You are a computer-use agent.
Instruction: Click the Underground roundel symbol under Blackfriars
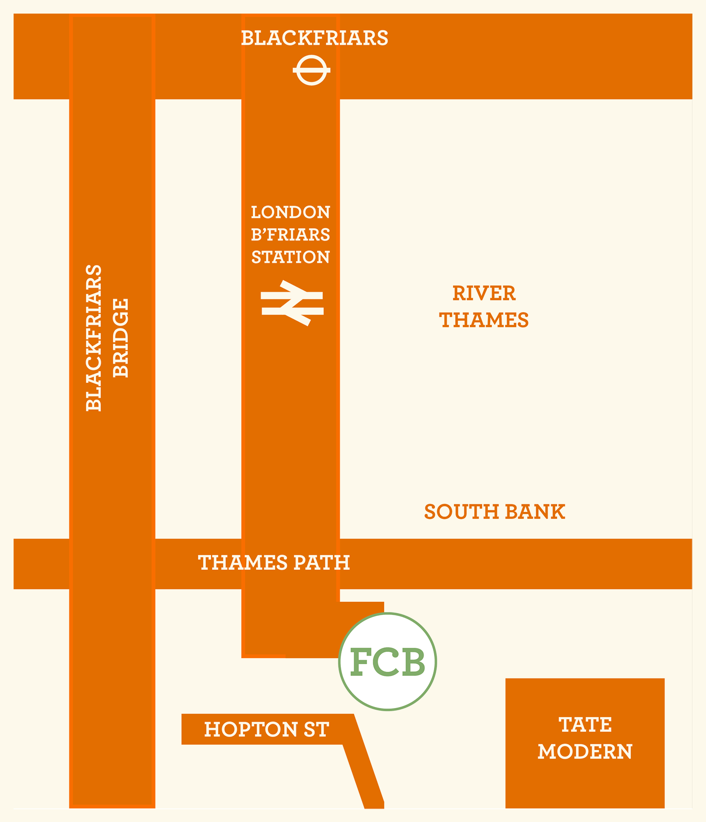click(311, 70)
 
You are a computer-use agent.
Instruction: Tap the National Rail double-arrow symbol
click(292, 303)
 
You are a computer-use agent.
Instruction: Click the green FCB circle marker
click(387, 661)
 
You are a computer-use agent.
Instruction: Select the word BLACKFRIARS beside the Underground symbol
click(314, 38)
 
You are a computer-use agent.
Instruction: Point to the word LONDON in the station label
click(291, 212)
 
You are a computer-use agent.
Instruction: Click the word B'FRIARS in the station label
click(291, 235)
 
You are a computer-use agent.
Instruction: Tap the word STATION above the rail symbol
click(291, 257)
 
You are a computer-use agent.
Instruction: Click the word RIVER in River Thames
click(484, 294)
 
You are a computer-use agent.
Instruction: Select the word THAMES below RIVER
click(484, 320)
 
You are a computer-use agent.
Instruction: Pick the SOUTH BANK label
click(494, 512)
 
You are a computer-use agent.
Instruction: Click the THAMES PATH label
click(274, 563)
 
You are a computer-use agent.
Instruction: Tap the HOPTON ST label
click(266, 730)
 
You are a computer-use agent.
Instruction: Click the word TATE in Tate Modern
click(585, 725)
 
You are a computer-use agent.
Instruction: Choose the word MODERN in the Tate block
click(585, 752)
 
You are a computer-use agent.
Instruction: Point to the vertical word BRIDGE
click(121, 337)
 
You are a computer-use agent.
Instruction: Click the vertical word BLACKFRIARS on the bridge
click(94, 337)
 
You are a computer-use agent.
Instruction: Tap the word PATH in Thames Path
click(321, 563)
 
